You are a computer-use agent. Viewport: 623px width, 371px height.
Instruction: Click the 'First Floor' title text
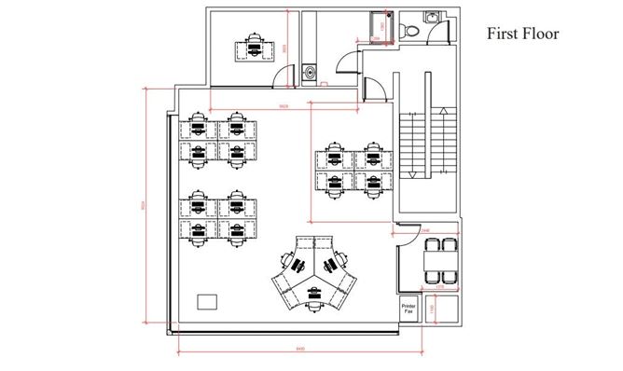click(522, 34)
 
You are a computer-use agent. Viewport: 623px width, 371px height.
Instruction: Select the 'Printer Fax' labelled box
click(408, 309)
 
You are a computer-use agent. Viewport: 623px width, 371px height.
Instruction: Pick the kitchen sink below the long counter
click(310, 71)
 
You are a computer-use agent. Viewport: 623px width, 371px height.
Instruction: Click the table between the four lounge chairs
click(438, 261)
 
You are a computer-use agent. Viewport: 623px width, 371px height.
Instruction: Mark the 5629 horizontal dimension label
click(284, 106)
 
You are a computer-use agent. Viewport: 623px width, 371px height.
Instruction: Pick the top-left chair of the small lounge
click(431, 246)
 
